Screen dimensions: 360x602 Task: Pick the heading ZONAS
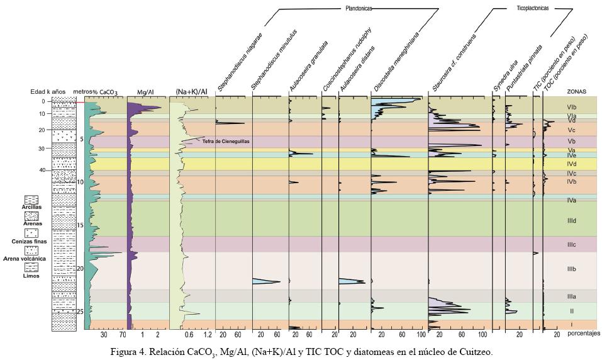coord(577,91)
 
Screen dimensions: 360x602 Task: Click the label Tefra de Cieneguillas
coord(226,142)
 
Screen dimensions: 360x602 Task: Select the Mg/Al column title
coord(145,92)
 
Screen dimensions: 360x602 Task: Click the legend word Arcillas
coord(31,207)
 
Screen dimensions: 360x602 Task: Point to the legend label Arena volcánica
coord(25,259)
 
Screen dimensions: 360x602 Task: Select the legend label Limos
coord(31,276)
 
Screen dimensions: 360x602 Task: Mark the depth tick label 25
coord(80,312)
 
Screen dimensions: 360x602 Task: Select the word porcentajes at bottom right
coord(584,333)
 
